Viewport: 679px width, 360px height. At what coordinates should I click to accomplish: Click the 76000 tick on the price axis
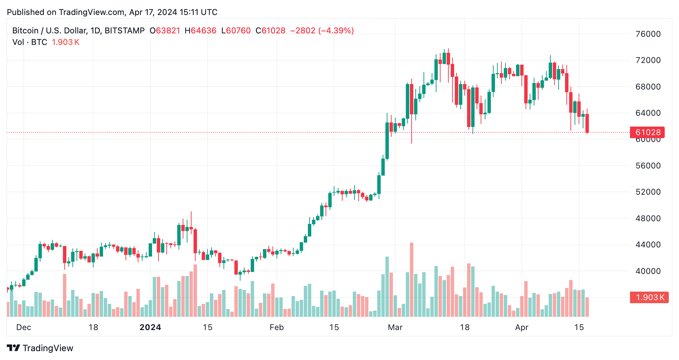tap(648, 34)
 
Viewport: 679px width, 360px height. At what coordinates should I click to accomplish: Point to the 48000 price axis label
tap(648, 218)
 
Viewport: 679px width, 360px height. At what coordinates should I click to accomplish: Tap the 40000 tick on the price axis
tap(648, 271)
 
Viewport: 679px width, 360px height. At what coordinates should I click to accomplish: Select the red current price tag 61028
tap(648, 132)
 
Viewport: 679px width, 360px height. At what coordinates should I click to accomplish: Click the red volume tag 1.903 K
tap(649, 297)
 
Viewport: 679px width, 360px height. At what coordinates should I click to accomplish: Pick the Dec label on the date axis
tap(23, 327)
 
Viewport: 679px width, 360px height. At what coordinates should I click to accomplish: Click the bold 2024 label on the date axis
tap(150, 327)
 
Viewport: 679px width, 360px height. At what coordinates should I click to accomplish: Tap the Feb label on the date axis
tap(277, 327)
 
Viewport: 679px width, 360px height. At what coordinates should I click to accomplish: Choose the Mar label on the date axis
tap(395, 327)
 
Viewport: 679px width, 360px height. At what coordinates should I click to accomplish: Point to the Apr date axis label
tap(521, 327)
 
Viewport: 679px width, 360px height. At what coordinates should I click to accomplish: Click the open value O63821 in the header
tap(165, 31)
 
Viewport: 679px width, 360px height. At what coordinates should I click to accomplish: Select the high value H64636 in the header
tap(200, 31)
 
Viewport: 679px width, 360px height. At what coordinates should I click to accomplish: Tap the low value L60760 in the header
tap(236, 31)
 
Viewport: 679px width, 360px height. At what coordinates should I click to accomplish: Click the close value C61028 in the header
tap(270, 31)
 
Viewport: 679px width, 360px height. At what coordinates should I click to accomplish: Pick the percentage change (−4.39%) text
tap(336, 31)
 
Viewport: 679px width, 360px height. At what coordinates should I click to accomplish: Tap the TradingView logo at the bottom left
tap(40, 348)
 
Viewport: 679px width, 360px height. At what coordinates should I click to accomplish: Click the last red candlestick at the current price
tap(587, 123)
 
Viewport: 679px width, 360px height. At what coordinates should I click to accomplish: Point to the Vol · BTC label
tap(30, 42)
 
